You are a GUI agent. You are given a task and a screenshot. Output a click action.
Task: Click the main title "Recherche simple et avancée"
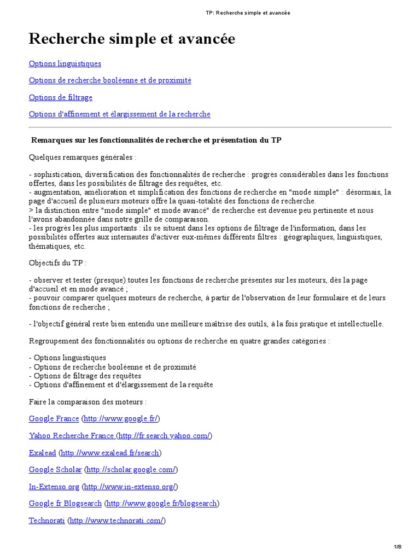132,39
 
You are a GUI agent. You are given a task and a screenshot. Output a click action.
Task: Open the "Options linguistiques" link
65,63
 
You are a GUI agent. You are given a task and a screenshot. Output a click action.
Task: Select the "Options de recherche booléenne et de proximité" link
110,80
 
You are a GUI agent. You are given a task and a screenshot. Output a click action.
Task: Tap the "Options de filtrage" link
60,97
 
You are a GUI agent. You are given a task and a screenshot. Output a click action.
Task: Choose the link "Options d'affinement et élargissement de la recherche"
119,114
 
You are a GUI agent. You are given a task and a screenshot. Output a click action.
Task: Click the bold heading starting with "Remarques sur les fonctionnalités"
156,140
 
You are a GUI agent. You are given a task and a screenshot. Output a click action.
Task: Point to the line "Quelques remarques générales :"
82,157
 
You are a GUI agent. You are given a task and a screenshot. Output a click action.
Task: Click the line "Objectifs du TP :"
57,262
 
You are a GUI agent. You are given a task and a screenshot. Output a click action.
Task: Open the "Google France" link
54,418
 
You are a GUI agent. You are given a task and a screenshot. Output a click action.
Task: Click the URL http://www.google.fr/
120,418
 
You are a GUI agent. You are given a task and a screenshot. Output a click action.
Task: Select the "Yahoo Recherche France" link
71,435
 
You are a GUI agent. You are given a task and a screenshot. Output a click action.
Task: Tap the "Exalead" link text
42,453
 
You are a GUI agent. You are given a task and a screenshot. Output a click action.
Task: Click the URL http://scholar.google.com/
131,470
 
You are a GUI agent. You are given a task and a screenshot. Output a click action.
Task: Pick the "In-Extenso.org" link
54,487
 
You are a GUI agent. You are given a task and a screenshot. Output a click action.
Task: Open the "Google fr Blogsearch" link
65,504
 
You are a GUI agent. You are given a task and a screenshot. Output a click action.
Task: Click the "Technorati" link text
46,521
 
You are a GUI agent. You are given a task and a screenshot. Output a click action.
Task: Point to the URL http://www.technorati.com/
116,521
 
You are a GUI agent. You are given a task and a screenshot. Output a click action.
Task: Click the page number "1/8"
398,547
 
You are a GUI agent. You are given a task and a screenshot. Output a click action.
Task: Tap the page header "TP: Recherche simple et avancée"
248,13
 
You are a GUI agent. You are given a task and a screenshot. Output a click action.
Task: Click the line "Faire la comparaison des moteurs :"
87,401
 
